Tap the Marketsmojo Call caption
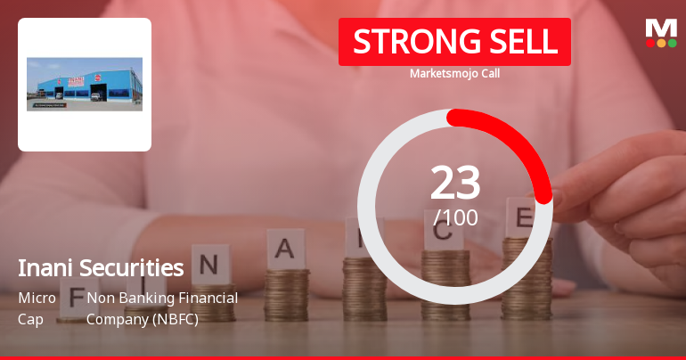454,73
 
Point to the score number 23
455,184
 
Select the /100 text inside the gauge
455,217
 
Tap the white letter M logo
660,29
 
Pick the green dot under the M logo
672,43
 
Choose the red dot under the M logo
650,43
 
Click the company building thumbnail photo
85,84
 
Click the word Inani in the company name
44,267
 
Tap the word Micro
37,298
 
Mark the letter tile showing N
209,265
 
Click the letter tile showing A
284,249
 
